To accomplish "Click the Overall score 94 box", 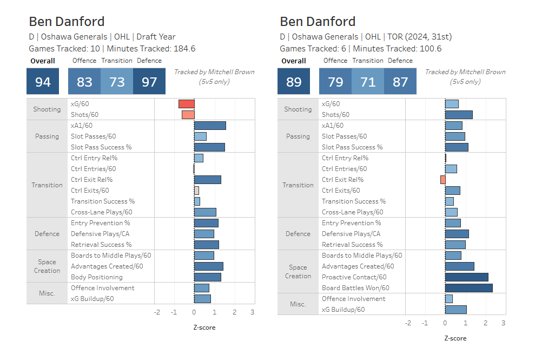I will pyautogui.click(x=43, y=82).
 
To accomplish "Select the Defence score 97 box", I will pyautogui.click(x=149, y=82).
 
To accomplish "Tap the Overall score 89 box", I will pyautogui.click(x=294, y=82).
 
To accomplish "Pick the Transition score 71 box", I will pyautogui.click(x=368, y=82).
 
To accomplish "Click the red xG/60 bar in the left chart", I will pyautogui.click(x=187, y=104).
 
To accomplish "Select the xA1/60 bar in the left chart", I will pyautogui.click(x=210, y=126).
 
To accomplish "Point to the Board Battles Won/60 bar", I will pyautogui.click(x=468, y=288).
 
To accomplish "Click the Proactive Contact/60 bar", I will pyautogui.click(x=466, y=277).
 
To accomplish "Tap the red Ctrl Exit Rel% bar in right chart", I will pyautogui.click(x=443, y=180).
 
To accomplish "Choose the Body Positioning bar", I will pyautogui.click(x=208, y=277).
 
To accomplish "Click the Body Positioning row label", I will pyautogui.click(x=96, y=277).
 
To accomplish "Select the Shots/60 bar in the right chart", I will pyautogui.click(x=459, y=115).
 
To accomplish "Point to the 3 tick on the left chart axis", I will pyautogui.click(x=252, y=312).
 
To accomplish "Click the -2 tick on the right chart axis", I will pyautogui.click(x=408, y=323).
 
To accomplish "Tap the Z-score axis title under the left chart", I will pyautogui.click(x=204, y=328).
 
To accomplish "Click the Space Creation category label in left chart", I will pyautogui.click(x=47, y=266).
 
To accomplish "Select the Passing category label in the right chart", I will pyautogui.click(x=298, y=136).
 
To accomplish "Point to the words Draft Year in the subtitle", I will pyautogui.click(x=156, y=37).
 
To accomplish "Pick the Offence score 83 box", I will pyautogui.click(x=84, y=82).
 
